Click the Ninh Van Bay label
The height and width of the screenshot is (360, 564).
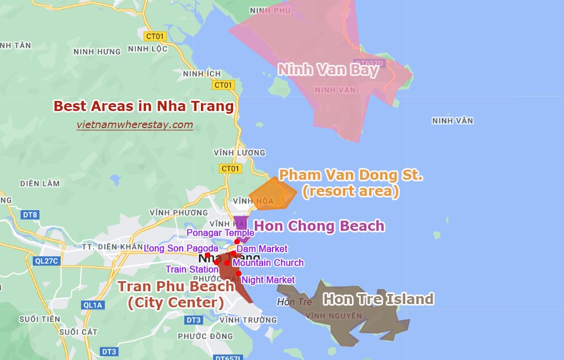pos(329,70)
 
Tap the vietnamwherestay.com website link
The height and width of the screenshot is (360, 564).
pos(135,125)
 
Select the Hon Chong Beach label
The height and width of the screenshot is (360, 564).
pos(319,226)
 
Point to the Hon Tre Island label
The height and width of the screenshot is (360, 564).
pos(378,300)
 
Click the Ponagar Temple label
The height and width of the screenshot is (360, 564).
pos(220,233)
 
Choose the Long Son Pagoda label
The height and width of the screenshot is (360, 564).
pos(181,249)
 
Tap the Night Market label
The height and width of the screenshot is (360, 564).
pos(269,280)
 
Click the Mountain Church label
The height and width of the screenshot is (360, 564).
pos(268,263)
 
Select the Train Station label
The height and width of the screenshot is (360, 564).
pos(192,270)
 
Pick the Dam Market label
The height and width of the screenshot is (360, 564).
pos(262,249)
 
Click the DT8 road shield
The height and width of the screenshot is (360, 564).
pos(31,215)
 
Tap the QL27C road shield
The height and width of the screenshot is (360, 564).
pos(46,261)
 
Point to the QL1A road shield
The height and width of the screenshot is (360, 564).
pos(93,305)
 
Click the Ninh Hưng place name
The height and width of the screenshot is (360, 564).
pos(97,52)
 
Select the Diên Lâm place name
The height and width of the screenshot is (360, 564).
pos(39,184)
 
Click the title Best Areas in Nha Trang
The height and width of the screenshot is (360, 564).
pos(143,106)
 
